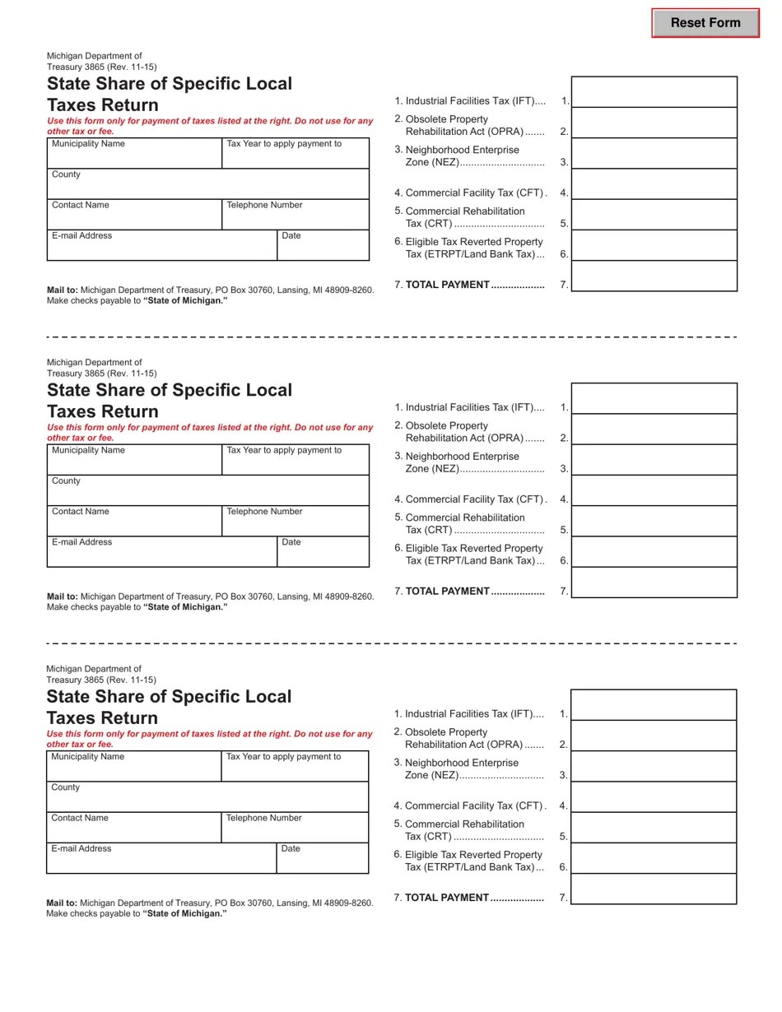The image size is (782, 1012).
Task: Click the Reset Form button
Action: pos(705,23)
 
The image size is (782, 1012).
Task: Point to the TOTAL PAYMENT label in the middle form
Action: pos(448,592)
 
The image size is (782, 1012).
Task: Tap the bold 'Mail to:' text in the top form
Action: pos(63,290)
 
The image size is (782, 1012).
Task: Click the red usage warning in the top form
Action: pos(210,126)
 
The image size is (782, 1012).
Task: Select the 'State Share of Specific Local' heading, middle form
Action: pos(170,390)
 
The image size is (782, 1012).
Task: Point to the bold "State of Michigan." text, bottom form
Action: pos(184,914)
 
